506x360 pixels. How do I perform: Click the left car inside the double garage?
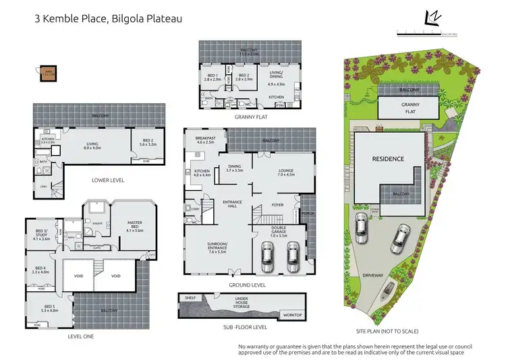(x=268, y=256)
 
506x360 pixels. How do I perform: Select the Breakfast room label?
(x=204, y=140)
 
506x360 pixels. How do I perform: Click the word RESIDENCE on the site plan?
(x=388, y=159)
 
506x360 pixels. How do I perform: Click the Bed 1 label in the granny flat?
(x=213, y=77)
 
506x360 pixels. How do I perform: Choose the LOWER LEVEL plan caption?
(x=108, y=181)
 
